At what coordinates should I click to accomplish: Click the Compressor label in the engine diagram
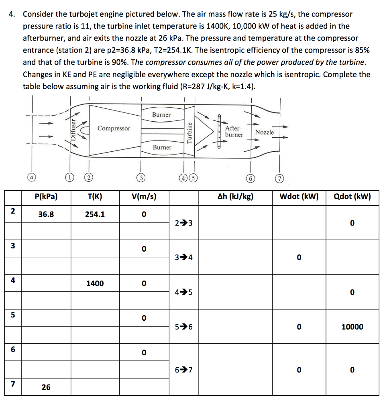114,128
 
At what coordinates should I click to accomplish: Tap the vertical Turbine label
189,132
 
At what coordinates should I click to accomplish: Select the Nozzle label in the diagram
265,132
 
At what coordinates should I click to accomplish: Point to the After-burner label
234,131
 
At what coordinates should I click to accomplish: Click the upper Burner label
161,115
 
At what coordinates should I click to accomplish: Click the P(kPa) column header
46,197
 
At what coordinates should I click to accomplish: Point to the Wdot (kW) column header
299,197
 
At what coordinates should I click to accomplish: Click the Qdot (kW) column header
352,197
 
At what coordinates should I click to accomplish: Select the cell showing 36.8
46,214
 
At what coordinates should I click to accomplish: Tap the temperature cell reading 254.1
95,214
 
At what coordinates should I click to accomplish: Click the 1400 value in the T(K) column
95,283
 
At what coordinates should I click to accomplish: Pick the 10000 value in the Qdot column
352,327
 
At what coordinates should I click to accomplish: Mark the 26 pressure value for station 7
46,387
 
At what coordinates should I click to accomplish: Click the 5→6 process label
184,327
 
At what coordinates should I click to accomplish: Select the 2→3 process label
184,223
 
